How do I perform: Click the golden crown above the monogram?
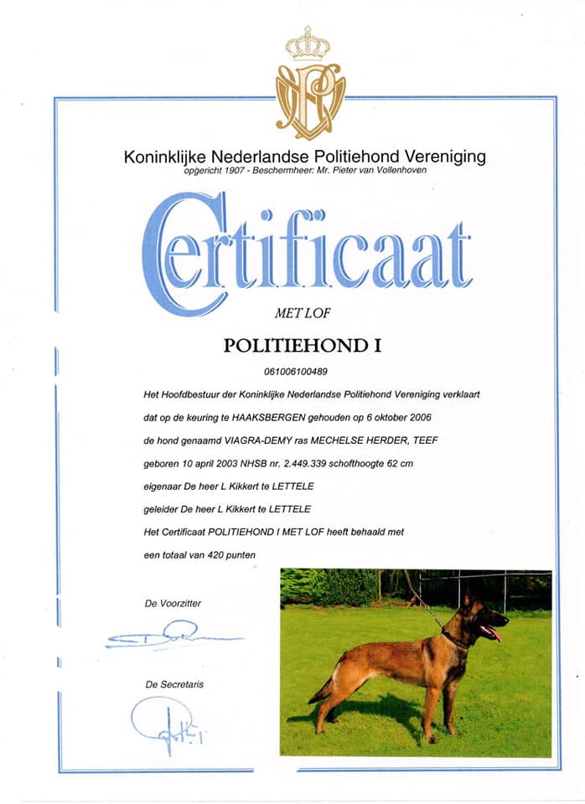(308, 44)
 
